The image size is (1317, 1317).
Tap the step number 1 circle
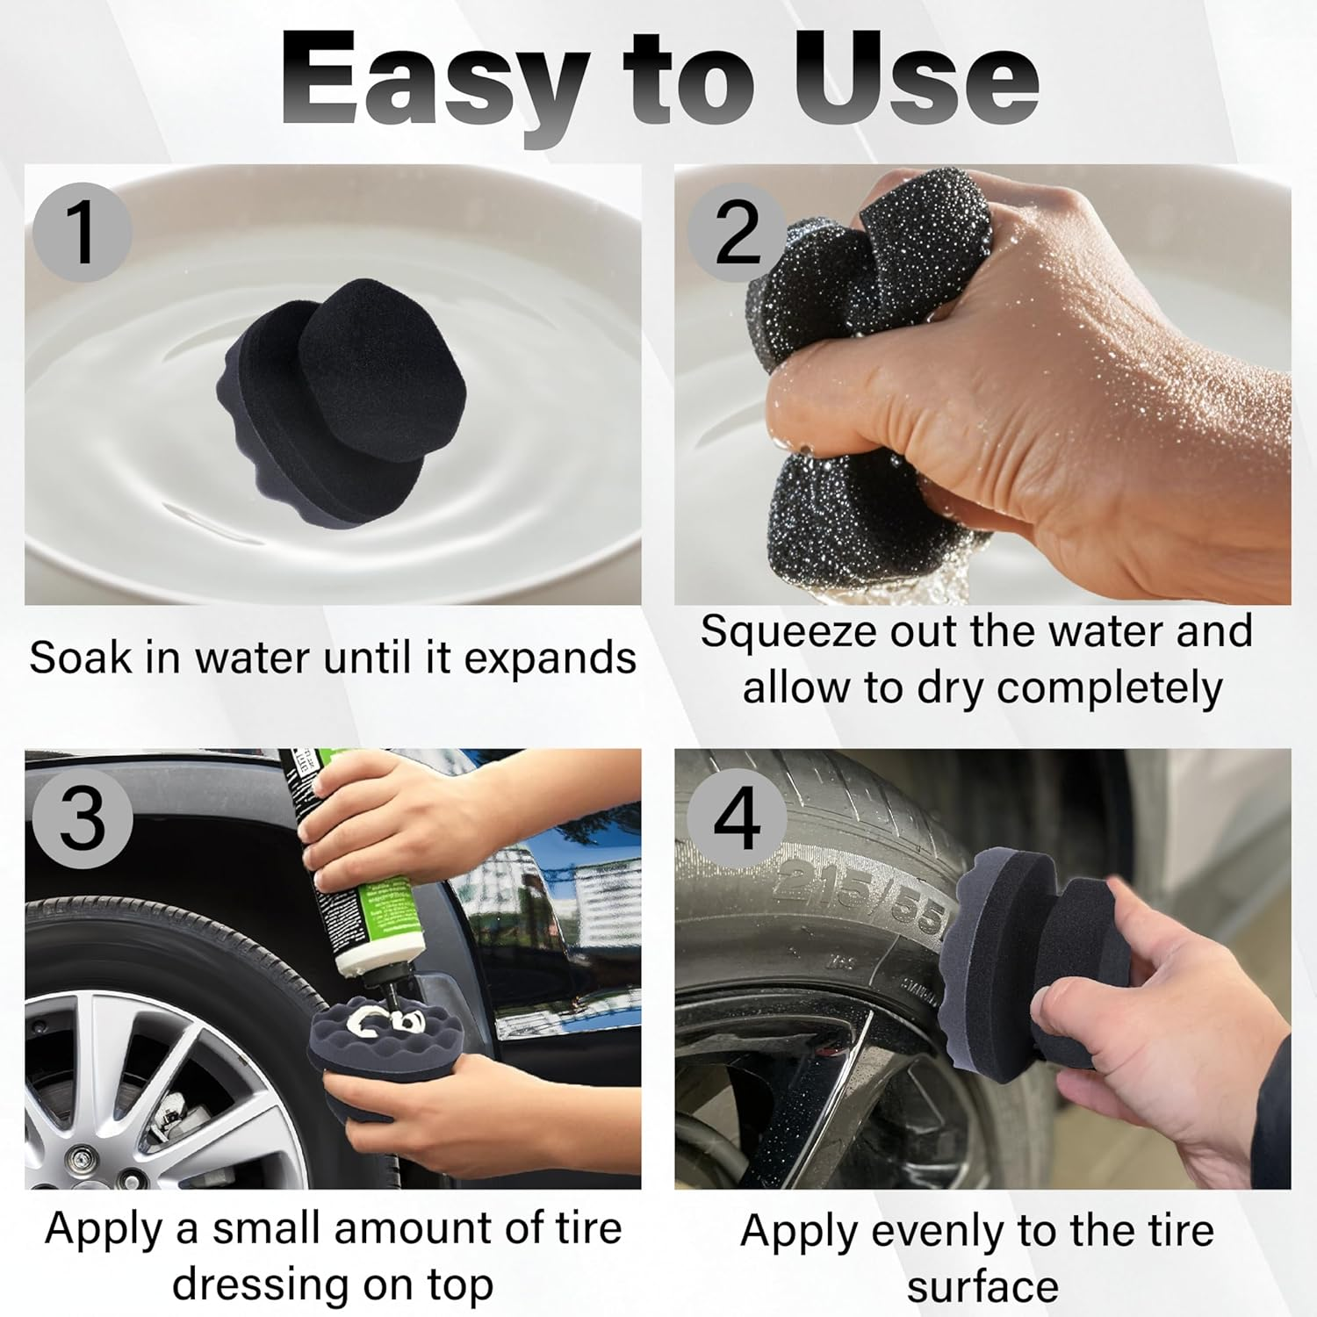83,233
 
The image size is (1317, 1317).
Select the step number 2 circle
736,233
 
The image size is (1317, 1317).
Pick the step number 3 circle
83,818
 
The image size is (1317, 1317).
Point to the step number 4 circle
736,818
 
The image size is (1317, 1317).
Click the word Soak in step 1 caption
81,658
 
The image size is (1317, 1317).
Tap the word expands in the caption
550,659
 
